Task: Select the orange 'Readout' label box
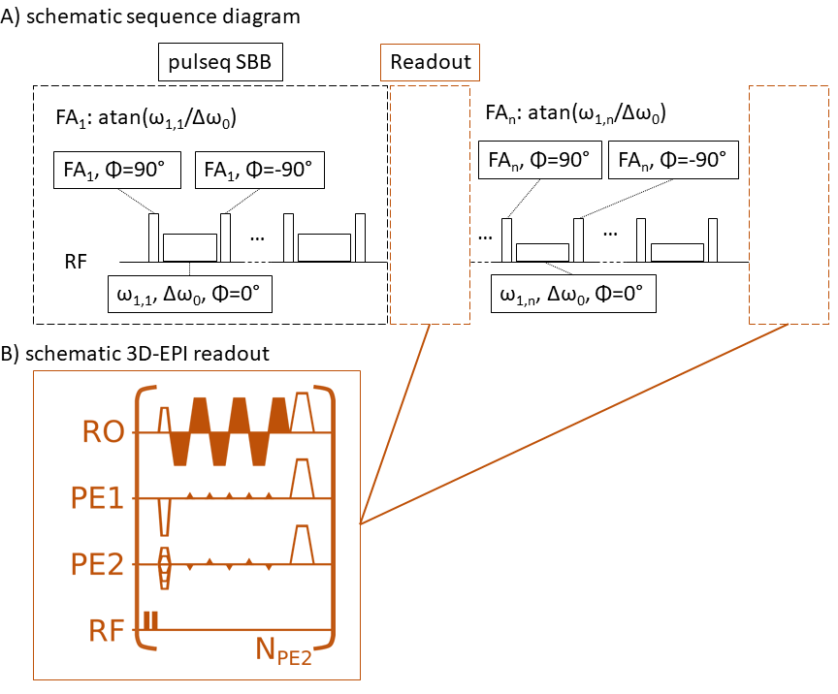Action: tap(430, 62)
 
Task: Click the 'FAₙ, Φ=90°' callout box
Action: tap(538, 160)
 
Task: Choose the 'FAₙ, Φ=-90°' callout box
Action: tap(674, 160)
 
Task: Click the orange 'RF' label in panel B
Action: tap(104, 630)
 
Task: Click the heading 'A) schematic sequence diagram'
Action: tap(150, 16)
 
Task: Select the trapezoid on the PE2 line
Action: tap(303, 544)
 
